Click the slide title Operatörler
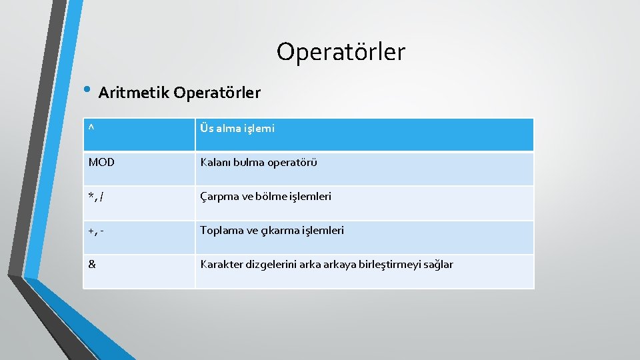coord(341,51)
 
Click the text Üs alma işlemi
coord(237,129)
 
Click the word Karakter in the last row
coord(221,265)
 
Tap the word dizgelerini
coord(274,265)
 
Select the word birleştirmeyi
coord(383,265)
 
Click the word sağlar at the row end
coord(437,265)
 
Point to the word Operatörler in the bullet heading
coord(217,93)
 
